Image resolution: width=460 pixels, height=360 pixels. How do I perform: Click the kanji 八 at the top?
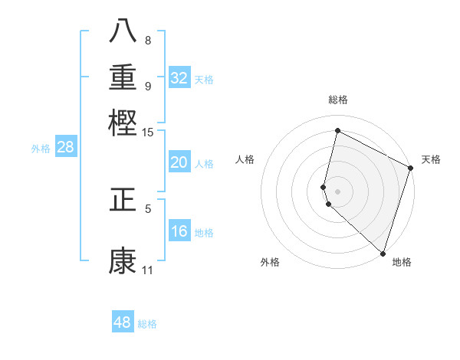click(x=123, y=30)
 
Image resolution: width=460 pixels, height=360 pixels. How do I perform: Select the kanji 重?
click(x=123, y=77)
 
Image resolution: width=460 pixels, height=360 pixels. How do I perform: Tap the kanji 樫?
click(x=123, y=123)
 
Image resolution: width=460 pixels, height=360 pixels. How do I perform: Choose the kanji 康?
click(x=123, y=260)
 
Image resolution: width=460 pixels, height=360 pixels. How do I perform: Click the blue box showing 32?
click(x=179, y=77)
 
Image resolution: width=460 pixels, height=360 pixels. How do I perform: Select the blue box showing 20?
click(x=179, y=162)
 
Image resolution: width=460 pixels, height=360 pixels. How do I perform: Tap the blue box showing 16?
click(x=179, y=231)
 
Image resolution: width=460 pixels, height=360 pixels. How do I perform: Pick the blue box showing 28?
click(x=66, y=147)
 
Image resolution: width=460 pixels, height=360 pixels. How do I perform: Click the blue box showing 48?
click(x=123, y=322)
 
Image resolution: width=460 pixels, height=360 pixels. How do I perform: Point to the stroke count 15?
click(x=147, y=133)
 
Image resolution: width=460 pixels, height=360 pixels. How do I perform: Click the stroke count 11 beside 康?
click(x=147, y=270)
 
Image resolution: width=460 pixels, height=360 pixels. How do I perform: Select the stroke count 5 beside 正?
click(x=148, y=208)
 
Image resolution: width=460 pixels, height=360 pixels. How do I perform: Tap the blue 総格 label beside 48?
click(x=147, y=324)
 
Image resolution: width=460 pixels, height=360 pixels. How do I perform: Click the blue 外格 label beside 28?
click(x=41, y=149)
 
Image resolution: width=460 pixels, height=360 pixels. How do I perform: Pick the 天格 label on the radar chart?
click(x=431, y=159)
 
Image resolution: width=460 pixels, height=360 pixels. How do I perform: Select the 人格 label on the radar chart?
click(x=245, y=159)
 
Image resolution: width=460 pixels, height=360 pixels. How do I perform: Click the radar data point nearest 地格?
click(x=383, y=253)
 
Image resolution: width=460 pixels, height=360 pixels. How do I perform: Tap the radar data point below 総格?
click(x=337, y=131)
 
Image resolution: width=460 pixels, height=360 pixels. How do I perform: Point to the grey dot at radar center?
click(x=337, y=191)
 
